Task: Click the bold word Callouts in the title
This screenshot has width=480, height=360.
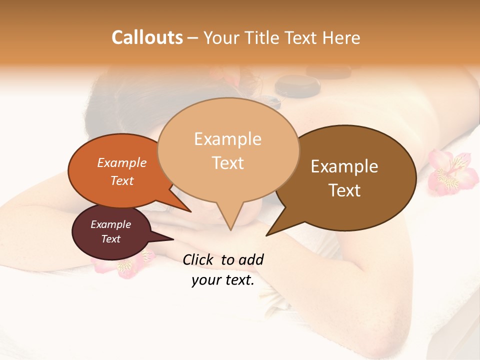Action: [x=147, y=37]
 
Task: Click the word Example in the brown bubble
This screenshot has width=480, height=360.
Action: [x=344, y=166]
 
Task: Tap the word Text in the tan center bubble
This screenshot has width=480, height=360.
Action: [x=228, y=163]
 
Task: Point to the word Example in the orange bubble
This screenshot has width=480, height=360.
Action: [x=122, y=162]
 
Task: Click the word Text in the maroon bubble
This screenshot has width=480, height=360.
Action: [x=111, y=239]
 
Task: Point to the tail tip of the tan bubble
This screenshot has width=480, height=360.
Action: [x=230, y=229]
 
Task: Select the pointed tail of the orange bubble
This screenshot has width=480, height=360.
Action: [x=190, y=211]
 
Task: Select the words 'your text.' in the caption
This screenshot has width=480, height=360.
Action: [x=222, y=280]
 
